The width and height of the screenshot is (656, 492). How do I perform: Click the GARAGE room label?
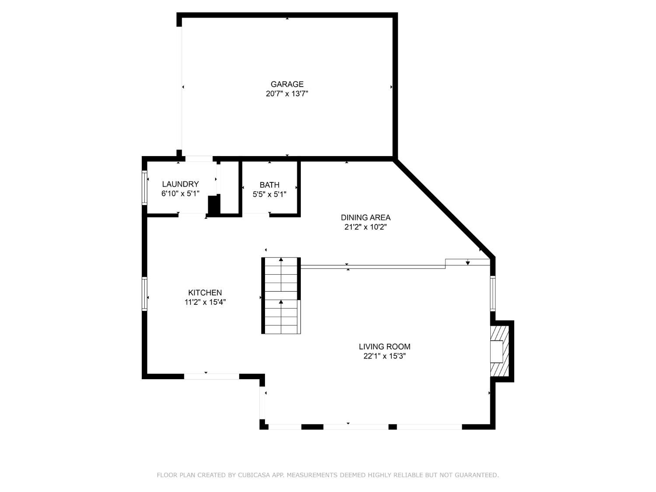pyautogui.click(x=287, y=84)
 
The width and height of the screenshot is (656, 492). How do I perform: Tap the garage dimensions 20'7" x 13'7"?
pyautogui.click(x=287, y=94)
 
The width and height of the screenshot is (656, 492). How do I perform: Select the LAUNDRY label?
pyautogui.click(x=180, y=184)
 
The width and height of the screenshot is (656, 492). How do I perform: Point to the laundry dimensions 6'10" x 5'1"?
pyautogui.click(x=180, y=194)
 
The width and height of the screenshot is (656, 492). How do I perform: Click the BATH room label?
pyautogui.click(x=269, y=185)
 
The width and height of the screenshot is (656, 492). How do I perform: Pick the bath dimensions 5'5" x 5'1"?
pyautogui.click(x=269, y=195)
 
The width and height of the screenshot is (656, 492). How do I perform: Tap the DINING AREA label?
pyautogui.click(x=366, y=217)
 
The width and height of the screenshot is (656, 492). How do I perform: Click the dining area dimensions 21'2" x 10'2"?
pyautogui.click(x=366, y=227)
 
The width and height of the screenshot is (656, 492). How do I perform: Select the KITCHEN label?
pyautogui.click(x=205, y=293)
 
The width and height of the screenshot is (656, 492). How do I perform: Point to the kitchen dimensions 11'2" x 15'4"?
pyautogui.click(x=205, y=302)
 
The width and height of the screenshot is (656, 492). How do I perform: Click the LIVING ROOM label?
pyautogui.click(x=384, y=346)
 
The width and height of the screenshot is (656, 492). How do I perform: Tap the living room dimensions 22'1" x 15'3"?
pyautogui.click(x=384, y=356)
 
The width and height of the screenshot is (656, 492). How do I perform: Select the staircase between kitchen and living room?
pyautogui.click(x=281, y=296)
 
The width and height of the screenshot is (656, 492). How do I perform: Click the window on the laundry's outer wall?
pyautogui.click(x=145, y=188)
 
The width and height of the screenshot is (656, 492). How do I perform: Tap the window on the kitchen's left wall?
pyautogui.click(x=145, y=294)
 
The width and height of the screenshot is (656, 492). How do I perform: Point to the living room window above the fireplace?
pyautogui.click(x=492, y=293)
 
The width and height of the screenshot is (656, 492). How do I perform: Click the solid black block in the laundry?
pyautogui.click(x=214, y=205)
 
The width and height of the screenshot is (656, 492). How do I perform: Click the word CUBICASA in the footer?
pyautogui.click(x=254, y=475)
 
